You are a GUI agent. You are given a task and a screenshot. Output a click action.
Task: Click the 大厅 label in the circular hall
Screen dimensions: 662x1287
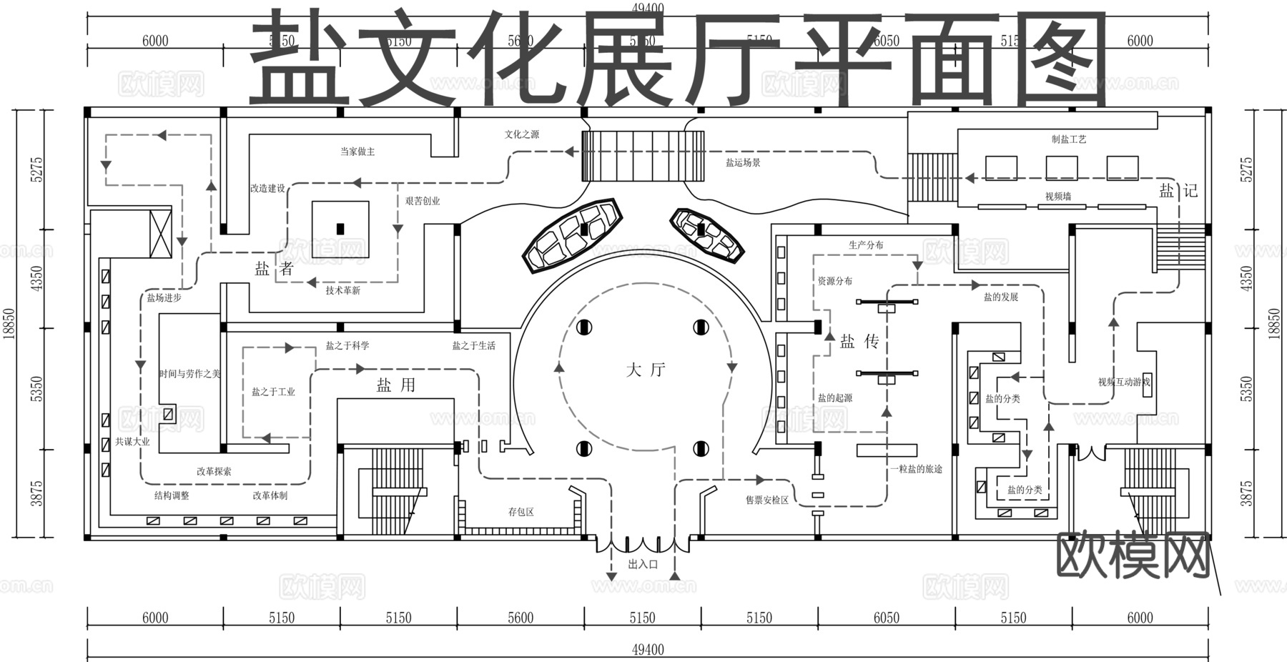pyautogui.click(x=646, y=370)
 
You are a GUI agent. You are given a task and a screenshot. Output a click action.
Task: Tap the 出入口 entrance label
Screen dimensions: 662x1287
pyautogui.click(x=643, y=564)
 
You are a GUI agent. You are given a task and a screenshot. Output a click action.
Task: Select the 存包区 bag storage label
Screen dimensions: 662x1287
pyautogui.click(x=521, y=512)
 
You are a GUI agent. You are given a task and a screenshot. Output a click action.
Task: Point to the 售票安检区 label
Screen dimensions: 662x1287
pyautogui.click(x=767, y=500)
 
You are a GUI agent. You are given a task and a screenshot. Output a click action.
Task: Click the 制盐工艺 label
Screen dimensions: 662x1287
pyautogui.click(x=1069, y=139)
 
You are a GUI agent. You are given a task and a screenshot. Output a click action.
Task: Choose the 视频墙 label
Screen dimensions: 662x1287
pyautogui.click(x=1058, y=197)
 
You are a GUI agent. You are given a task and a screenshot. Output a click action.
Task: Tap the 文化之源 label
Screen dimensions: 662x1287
pyautogui.click(x=522, y=134)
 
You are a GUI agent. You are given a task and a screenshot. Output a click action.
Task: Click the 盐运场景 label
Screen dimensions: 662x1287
pyautogui.click(x=744, y=163)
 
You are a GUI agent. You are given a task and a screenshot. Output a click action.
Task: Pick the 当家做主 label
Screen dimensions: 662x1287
pyautogui.click(x=357, y=152)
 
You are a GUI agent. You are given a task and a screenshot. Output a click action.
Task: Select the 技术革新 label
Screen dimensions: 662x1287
pyautogui.click(x=343, y=290)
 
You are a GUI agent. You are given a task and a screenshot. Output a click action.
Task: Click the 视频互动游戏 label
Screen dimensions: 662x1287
pyautogui.click(x=1124, y=382)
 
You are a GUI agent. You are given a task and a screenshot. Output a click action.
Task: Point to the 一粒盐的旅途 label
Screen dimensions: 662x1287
pyautogui.click(x=917, y=469)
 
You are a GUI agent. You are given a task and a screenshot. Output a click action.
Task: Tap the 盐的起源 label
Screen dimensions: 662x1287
pyautogui.click(x=835, y=398)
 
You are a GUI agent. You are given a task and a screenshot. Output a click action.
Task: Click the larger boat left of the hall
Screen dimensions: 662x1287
pyautogui.click(x=572, y=234)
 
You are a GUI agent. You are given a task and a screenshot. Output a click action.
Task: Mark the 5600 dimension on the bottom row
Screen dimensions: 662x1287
pyautogui.click(x=520, y=618)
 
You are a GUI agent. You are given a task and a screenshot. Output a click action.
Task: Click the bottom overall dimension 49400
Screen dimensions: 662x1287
pyautogui.click(x=648, y=650)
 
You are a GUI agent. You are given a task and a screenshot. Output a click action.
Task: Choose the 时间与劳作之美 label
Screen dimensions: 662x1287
pyautogui.click(x=189, y=374)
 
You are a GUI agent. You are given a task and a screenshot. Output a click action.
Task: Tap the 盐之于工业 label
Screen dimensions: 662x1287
pyautogui.click(x=273, y=392)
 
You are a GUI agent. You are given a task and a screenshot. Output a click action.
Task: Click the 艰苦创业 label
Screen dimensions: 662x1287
pyautogui.click(x=423, y=201)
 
